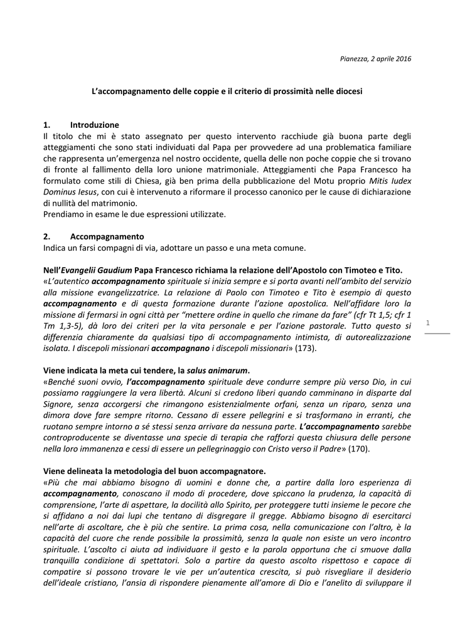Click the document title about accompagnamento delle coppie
point(227,92)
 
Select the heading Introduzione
point(95,125)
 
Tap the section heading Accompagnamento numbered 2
point(107,236)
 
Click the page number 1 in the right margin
point(427,323)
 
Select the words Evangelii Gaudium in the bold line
point(97,270)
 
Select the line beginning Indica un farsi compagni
point(174,248)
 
